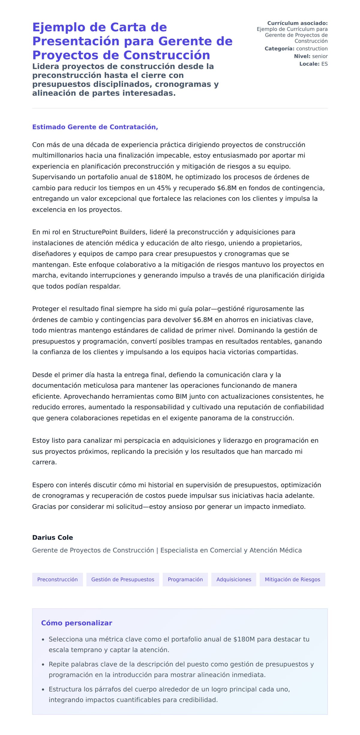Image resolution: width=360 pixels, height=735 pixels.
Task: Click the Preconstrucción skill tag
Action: tap(57, 580)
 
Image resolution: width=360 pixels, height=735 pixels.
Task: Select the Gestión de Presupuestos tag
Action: tap(123, 580)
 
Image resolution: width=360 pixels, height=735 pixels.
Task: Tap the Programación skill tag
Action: tap(185, 580)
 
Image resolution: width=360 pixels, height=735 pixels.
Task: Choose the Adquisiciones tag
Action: tap(234, 580)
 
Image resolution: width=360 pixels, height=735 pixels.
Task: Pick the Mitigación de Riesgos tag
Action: tap(292, 580)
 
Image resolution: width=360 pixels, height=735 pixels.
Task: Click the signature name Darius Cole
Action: tap(52, 538)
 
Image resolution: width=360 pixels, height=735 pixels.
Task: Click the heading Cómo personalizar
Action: tap(76, 623)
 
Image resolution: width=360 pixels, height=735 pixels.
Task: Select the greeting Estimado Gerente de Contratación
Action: tap(95, 127)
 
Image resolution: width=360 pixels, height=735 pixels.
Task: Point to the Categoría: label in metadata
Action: tap(279, 49)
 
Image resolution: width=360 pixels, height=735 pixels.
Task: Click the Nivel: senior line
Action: tap(310, 56)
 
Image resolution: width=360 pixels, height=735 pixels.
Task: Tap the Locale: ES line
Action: tap(313, 64)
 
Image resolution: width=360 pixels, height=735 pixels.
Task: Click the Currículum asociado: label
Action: tap(297, 23)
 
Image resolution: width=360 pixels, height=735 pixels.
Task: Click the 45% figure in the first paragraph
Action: tap(164, 188)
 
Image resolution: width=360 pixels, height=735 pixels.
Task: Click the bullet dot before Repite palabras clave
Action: tap(43, 665)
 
